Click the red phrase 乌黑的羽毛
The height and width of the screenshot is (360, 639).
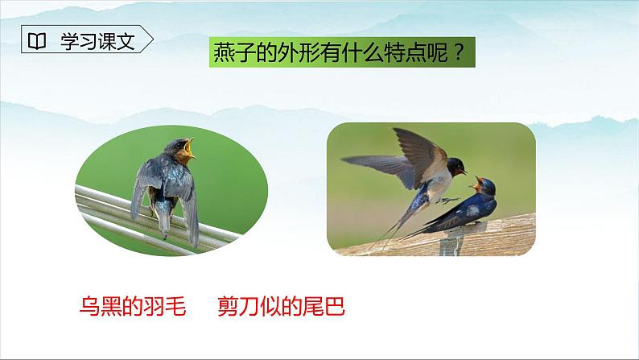[134, 307]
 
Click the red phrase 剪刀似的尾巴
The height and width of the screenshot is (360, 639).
[286, 307]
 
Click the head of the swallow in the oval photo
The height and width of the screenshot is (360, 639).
[174, 150]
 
